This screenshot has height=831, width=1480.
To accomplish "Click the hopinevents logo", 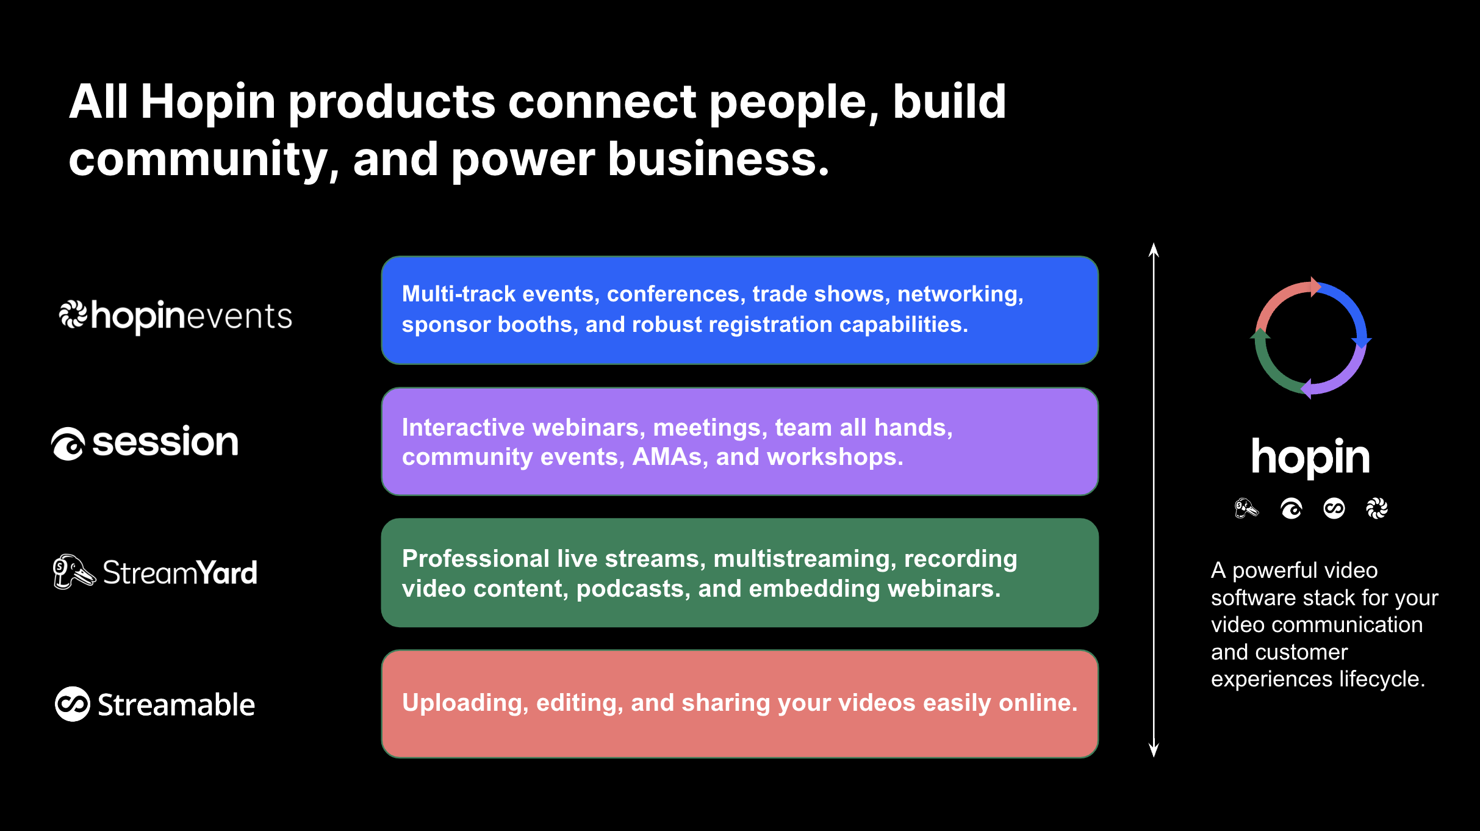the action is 176,317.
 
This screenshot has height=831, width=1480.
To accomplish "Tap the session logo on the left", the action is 145,442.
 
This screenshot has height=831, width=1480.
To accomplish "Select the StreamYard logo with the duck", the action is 156,572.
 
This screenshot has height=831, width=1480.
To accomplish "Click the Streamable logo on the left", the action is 155,704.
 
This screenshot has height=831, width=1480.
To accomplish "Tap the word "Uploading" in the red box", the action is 465,703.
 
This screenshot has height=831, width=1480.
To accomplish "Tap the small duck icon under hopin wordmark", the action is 1246,508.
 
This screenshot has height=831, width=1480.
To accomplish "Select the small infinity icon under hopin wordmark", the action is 1334,508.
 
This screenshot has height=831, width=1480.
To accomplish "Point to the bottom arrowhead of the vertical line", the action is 1154,750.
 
